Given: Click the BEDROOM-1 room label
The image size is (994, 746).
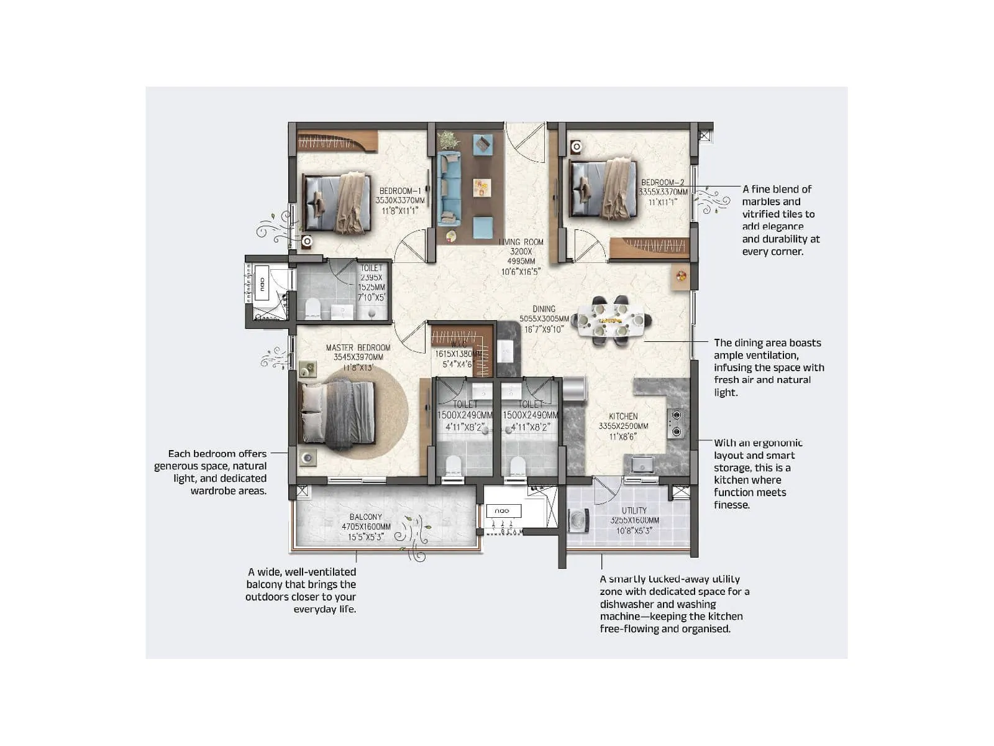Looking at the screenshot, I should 400,191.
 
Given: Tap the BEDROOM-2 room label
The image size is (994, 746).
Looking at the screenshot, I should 662,182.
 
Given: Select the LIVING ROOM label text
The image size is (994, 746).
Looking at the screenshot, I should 521,242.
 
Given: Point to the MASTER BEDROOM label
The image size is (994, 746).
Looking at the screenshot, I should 358,348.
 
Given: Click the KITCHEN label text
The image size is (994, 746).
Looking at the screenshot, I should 623,416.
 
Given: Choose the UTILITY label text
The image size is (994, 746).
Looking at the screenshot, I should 634,510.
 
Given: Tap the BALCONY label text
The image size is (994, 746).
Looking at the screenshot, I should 366,517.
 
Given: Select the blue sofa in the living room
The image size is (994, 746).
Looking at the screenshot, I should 449,187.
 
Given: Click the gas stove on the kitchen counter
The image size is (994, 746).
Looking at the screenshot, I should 676,423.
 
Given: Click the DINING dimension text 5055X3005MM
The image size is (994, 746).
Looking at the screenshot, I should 544,319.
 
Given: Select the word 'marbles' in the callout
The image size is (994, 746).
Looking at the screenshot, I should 762,201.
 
